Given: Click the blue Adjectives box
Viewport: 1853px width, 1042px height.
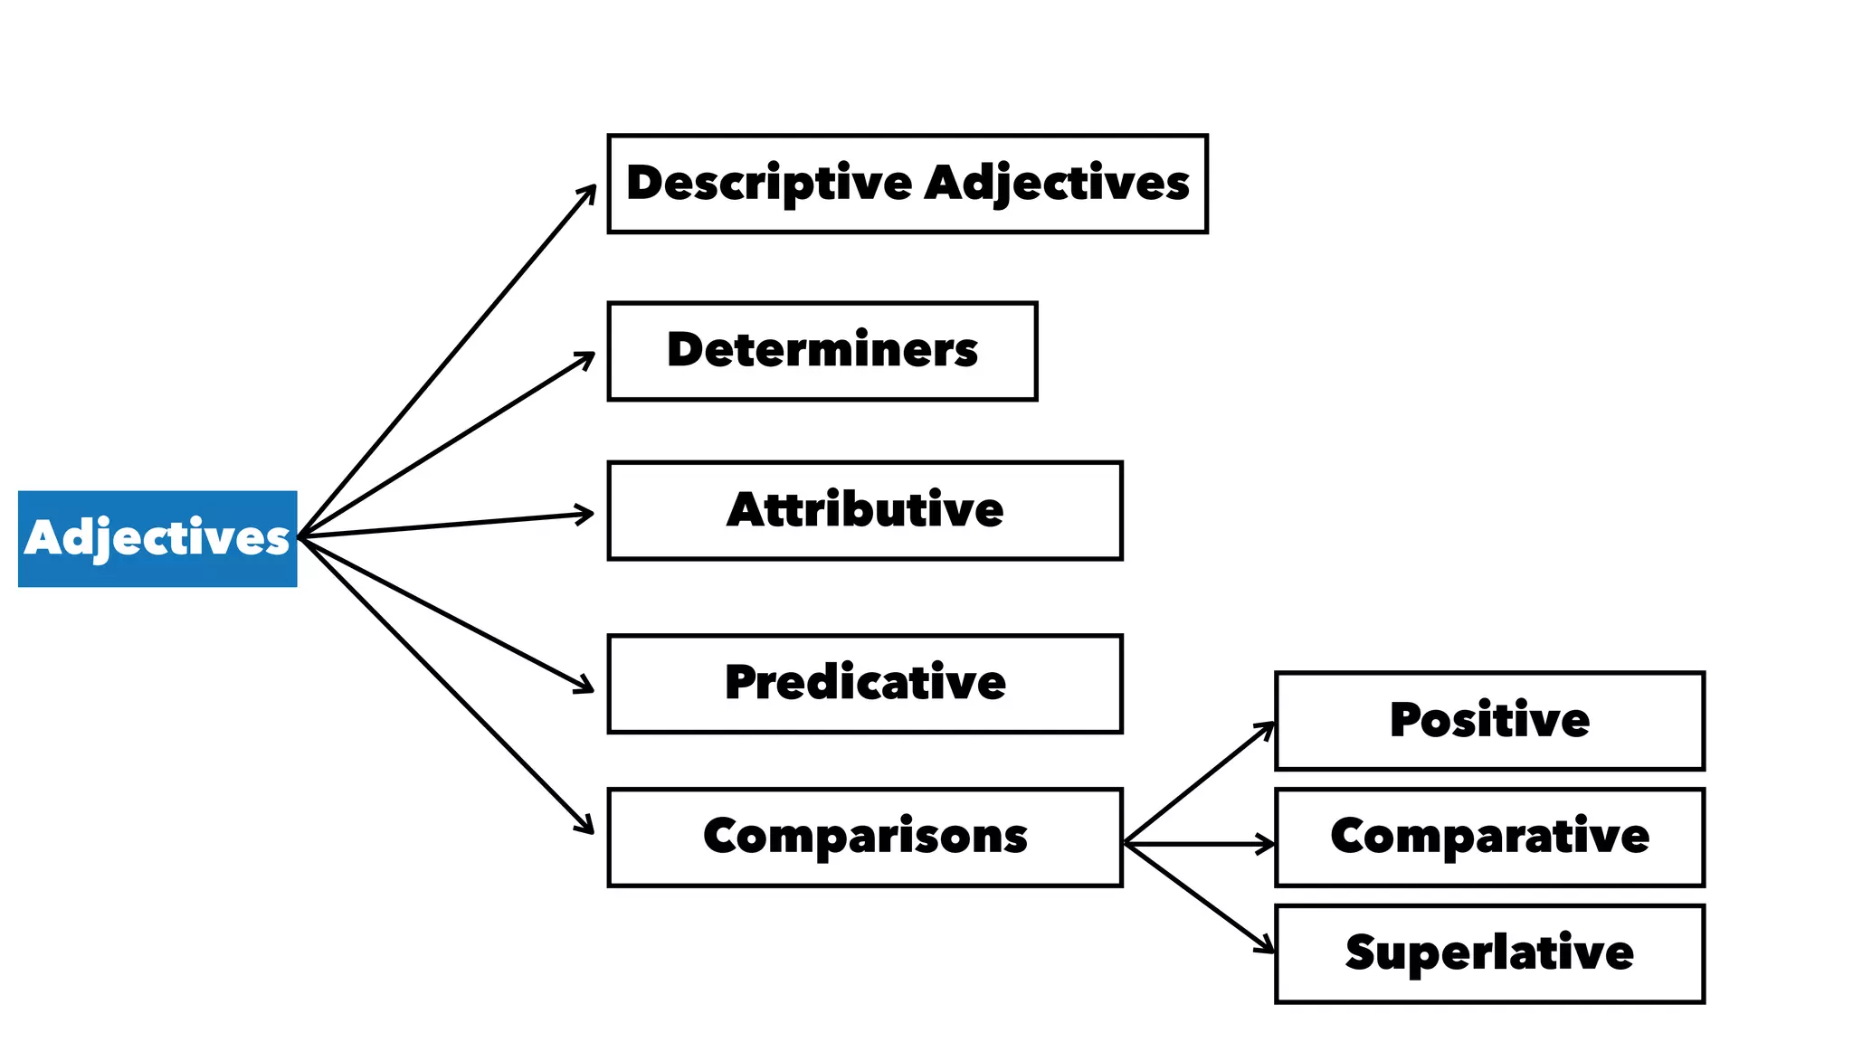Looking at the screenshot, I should pos(157,538).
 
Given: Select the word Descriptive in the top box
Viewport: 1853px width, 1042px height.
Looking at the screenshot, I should pos(769,184).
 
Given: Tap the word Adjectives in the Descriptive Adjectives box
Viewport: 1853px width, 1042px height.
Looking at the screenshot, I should pos(1057,184).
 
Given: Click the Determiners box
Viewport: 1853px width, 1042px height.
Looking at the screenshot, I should pos(822,351).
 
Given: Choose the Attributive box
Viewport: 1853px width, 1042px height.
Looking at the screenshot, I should pos(864,510).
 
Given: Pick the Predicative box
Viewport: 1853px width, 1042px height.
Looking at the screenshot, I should pos(864,683).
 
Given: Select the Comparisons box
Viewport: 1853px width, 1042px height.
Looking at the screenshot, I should pos(864,837).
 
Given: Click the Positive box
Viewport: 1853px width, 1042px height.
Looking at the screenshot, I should pos(1488,721).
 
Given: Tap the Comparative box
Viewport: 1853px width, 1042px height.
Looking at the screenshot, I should pos(1488,837).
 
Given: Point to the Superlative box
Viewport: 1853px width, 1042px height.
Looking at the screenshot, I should pos(1488,953).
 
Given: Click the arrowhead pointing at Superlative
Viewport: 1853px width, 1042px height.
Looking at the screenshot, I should pos(1269,949).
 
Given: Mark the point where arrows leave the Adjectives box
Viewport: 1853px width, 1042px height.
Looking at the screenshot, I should pos(300,537).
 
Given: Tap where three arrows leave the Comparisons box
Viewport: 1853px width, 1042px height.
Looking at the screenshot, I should pos(1126,843).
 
